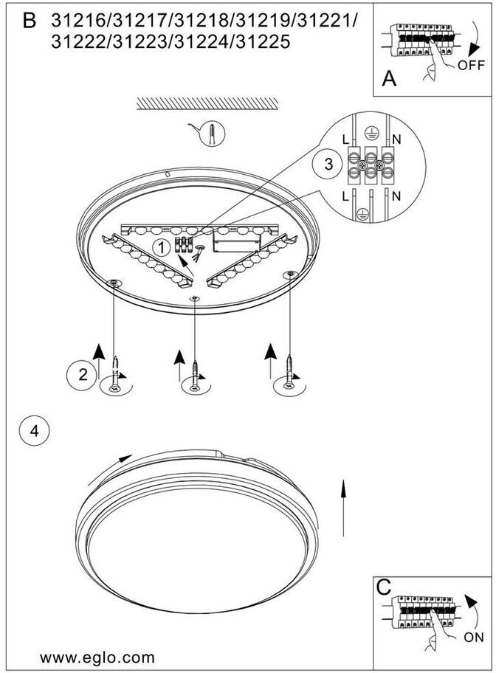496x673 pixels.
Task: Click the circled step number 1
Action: (x=158, y=247)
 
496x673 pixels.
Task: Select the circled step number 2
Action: (x=83, y=374)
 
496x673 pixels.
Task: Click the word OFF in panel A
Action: (x=470, y=65)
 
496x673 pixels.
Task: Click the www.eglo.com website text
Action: (x=97, y=657)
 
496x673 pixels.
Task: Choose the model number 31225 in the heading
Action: (x=261, y=43)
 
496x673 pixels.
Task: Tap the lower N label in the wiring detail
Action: (x=397, y=196)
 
